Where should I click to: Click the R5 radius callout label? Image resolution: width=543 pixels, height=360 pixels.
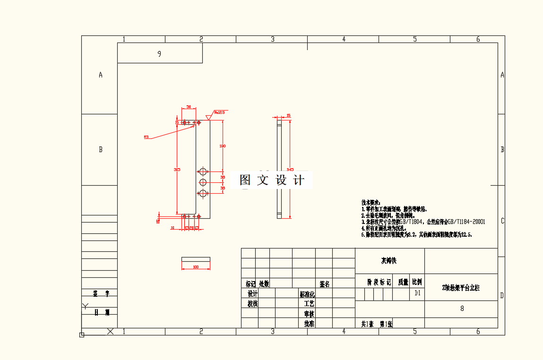146,137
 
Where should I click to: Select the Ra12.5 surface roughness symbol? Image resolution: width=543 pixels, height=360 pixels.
219,112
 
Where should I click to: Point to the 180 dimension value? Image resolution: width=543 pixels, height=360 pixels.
223,146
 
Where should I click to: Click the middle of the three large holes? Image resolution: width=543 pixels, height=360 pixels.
203,182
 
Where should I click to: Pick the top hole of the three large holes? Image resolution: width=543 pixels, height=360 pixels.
203,171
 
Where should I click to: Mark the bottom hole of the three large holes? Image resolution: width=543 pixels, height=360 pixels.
203,193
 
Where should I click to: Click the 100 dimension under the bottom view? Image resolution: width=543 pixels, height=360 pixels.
196,267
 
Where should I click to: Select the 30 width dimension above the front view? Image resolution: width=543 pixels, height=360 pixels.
189,107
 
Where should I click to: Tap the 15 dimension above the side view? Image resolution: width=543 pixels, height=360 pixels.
288,115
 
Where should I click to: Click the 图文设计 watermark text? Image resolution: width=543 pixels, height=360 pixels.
272,180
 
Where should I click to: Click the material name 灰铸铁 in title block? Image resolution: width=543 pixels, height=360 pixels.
390,261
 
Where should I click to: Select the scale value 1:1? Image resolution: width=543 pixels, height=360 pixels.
417,293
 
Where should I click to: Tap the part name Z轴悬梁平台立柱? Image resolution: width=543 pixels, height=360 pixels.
461,288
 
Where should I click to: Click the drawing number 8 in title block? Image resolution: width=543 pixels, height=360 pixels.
462,309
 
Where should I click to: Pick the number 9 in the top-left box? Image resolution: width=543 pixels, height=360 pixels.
159,54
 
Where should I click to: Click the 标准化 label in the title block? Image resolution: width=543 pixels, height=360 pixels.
307,294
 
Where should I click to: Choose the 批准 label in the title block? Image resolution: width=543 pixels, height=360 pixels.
309,324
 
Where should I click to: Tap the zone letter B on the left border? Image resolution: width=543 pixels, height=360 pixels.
100,149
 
